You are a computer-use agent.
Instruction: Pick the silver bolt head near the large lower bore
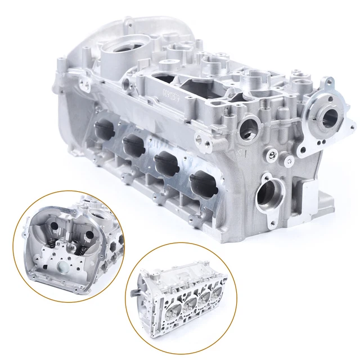(x=272, y=154)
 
